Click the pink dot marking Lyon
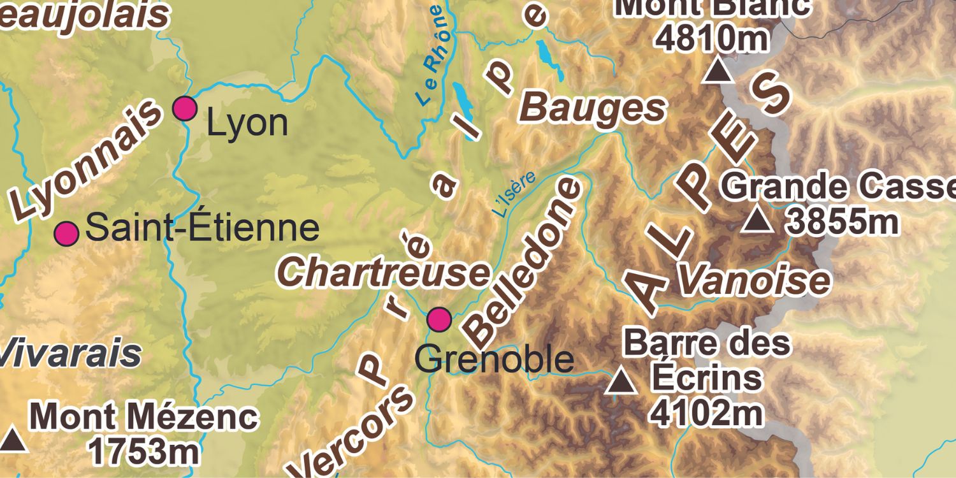coord(185,108)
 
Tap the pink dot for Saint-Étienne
coord(66,234)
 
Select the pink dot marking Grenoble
coord(439,318)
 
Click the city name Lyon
coord(247,124)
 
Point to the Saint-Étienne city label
coord(202,228)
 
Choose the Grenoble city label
coord(494,359)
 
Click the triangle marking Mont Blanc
coord(718,70)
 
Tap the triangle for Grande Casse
coord(758,220)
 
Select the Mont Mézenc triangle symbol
coord(13,440)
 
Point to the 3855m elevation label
coord(843,221)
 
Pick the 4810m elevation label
coord(713,38)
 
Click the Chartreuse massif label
coord(384,272)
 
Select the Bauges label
coord(593,109)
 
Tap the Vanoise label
coord(754,280)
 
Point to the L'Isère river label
coord(514,194)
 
